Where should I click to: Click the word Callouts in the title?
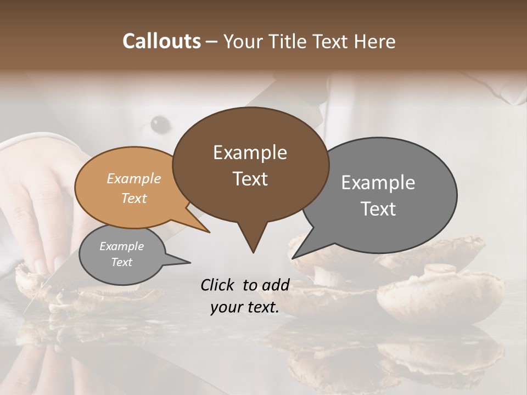(161, 41)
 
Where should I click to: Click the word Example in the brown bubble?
(250, 153)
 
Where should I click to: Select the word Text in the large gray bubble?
(378, 209)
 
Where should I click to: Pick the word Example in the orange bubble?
(134, 179)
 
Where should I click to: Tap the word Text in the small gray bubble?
(122, 262)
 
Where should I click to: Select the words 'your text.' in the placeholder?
(244, 308)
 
